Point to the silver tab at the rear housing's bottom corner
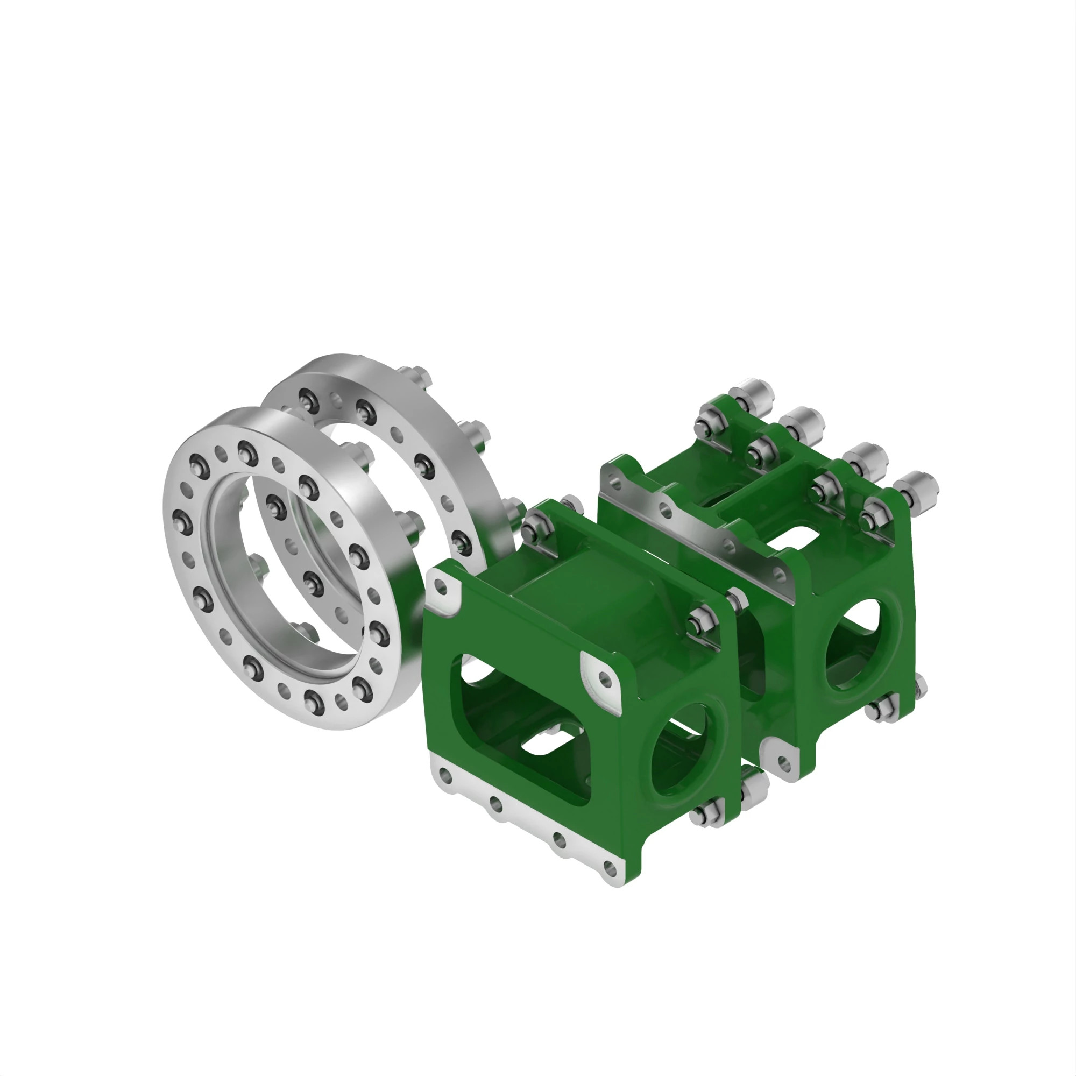coord(782,761)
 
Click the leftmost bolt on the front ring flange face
coord(181,521)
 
